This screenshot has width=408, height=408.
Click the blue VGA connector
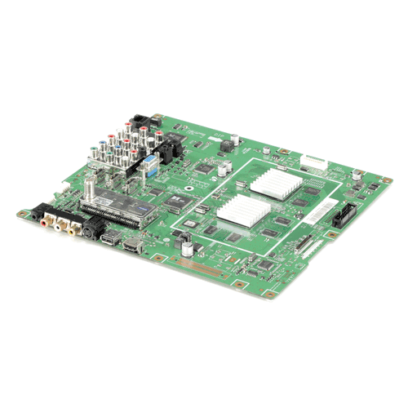152,171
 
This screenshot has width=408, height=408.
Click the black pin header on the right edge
341,218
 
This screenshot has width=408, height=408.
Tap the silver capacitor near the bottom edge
188,242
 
